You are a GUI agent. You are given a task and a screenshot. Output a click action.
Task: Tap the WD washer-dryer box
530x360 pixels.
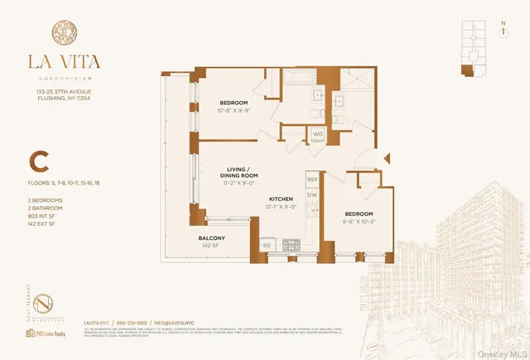pos(318,134)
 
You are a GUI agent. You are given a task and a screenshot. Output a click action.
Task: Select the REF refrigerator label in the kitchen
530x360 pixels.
pos(312,179)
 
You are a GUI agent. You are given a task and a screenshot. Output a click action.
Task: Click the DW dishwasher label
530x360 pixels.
pos(312,195)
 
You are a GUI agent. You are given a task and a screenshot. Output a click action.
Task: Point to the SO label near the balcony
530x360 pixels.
pos(267,246)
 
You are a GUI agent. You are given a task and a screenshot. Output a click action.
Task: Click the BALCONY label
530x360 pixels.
pos(211,238)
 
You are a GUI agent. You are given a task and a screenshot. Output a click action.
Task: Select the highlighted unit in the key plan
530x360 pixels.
pos(465,70)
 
